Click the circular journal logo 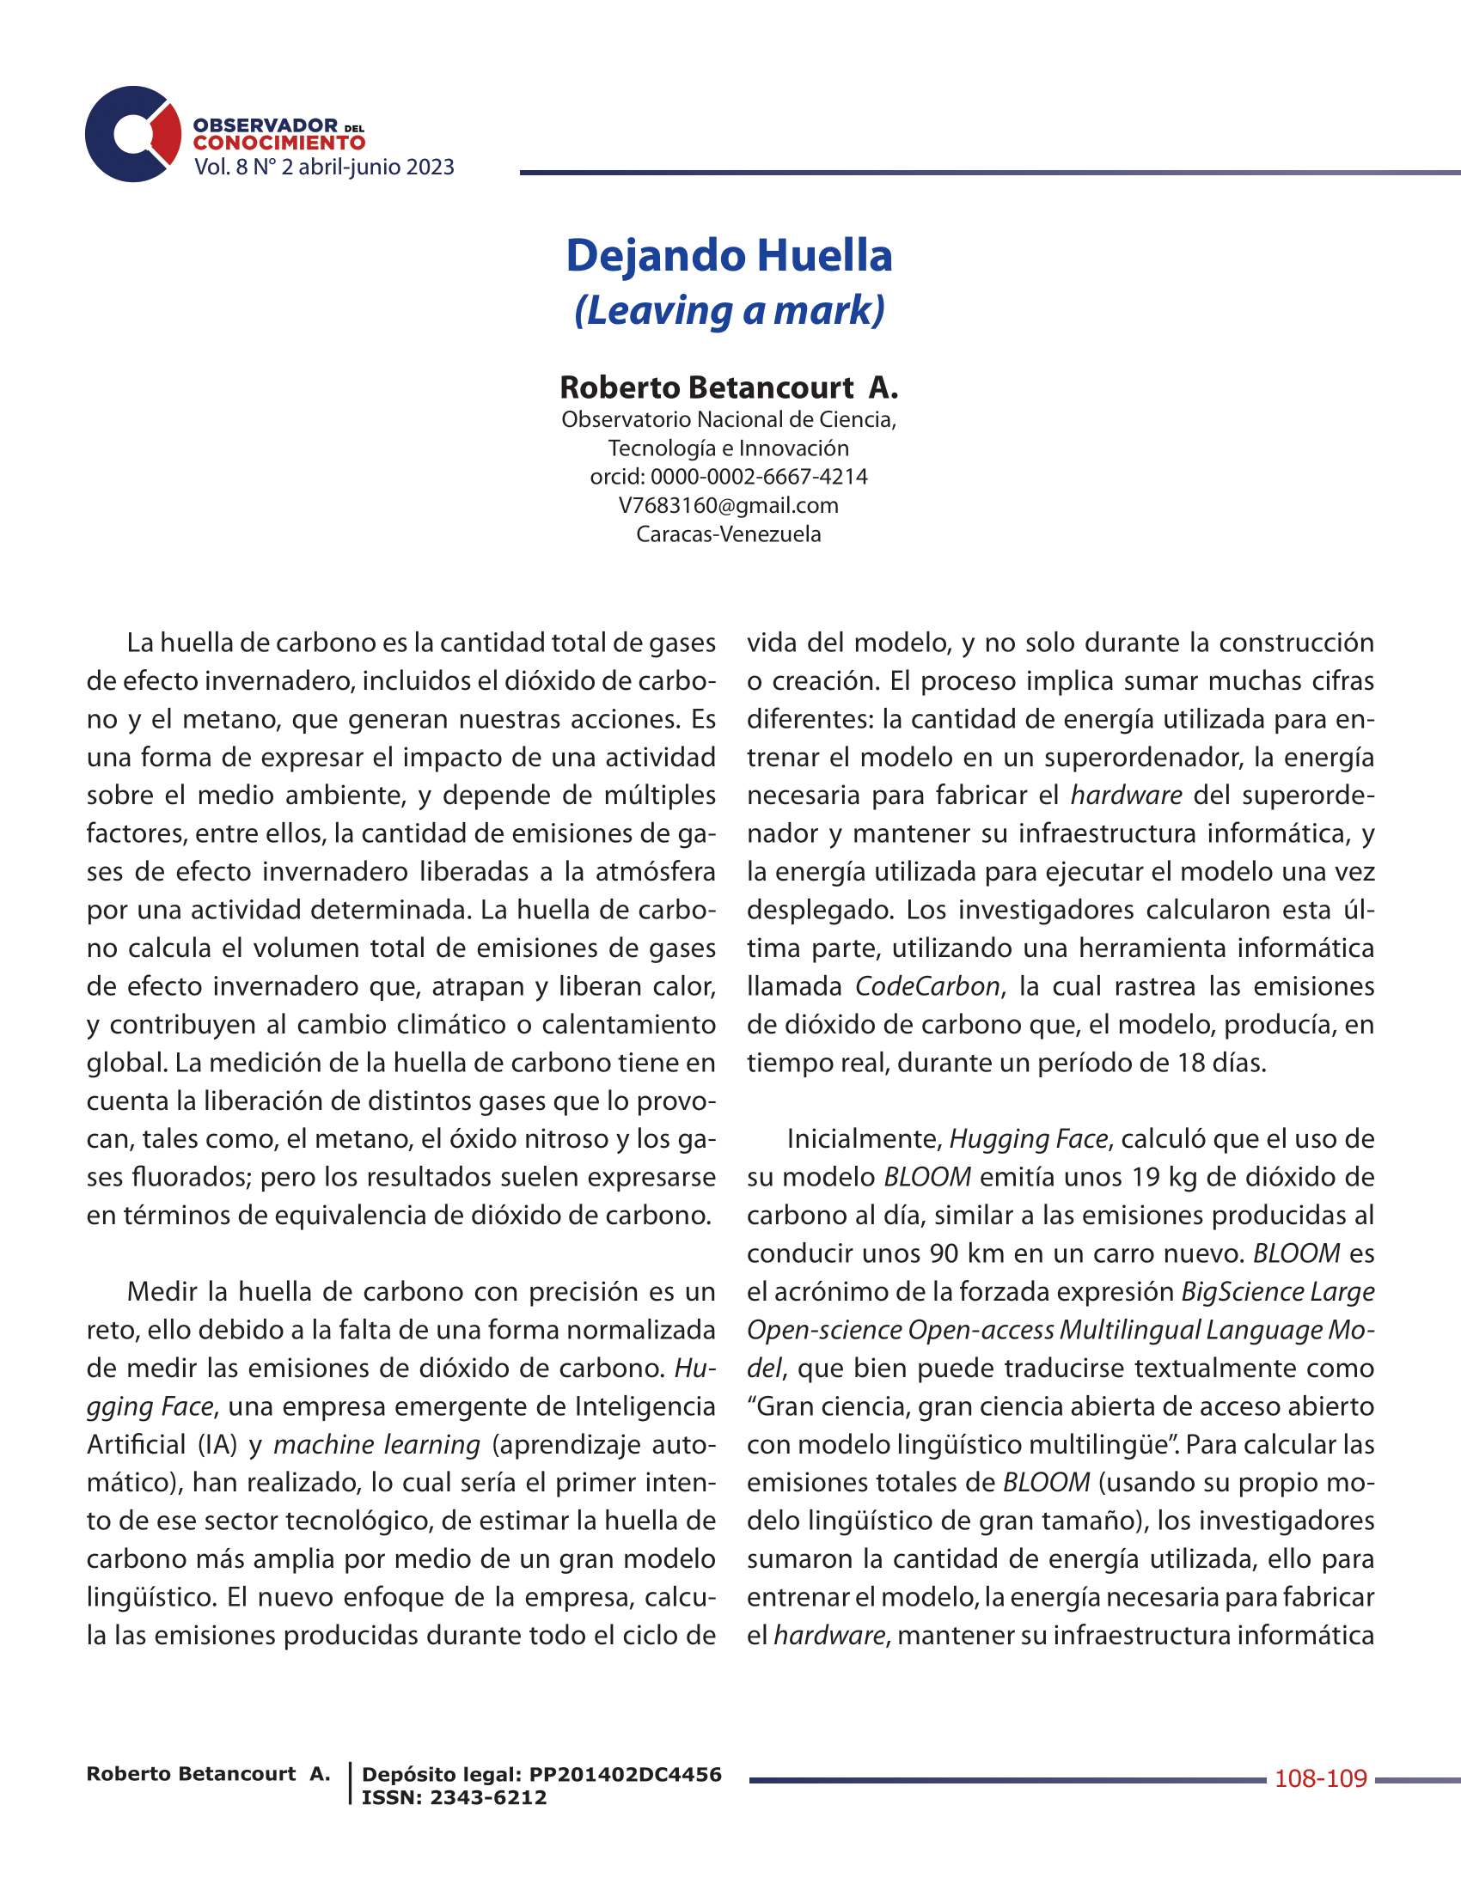132,134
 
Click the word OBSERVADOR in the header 265,125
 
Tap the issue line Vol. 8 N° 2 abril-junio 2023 324,167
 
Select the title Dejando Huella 729,255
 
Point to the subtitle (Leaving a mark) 729,311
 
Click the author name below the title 729,387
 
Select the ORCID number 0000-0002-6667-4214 758,477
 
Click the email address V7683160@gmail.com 729,505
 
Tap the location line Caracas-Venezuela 729,534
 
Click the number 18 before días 1191,1063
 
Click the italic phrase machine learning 376,1444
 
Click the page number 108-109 1321,1779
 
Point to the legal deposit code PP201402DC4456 625,1775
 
